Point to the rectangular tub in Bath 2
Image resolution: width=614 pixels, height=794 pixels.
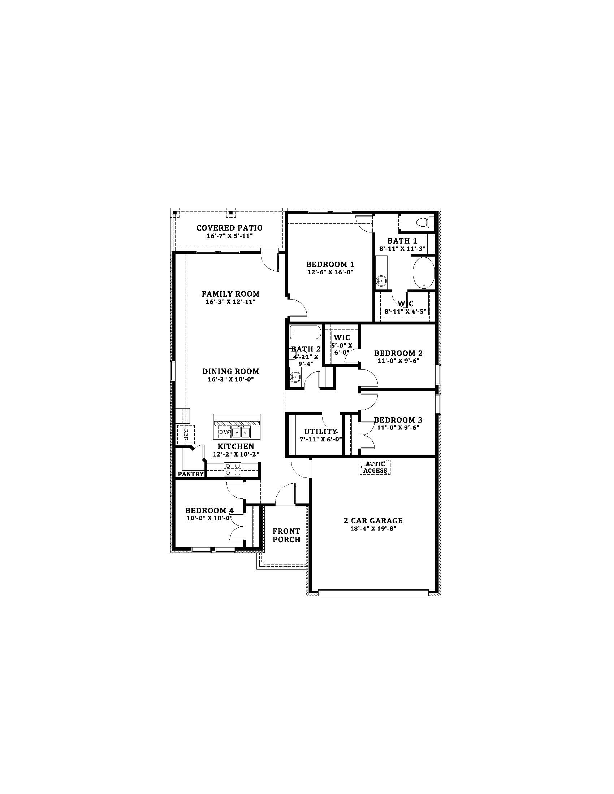305,332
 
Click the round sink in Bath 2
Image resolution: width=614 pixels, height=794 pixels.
295,377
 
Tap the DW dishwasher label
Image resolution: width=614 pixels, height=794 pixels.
224,432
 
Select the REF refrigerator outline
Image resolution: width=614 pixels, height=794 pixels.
186,434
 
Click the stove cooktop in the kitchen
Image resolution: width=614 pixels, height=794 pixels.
233,469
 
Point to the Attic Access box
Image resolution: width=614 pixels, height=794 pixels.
375,467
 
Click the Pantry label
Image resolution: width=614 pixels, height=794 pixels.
191,474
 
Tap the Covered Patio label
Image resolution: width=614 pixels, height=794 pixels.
229,228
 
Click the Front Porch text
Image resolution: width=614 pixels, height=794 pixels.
287,536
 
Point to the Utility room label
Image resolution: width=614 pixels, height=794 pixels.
320,432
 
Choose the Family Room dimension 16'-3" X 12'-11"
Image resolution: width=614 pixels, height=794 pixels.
231,302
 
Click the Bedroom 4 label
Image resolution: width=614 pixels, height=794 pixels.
209,510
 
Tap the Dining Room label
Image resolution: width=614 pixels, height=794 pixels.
231,371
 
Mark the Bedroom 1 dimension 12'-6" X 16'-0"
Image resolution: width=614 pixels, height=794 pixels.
330,272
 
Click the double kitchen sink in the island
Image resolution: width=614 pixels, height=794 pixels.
241,432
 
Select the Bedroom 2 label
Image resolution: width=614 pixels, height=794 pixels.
398,353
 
